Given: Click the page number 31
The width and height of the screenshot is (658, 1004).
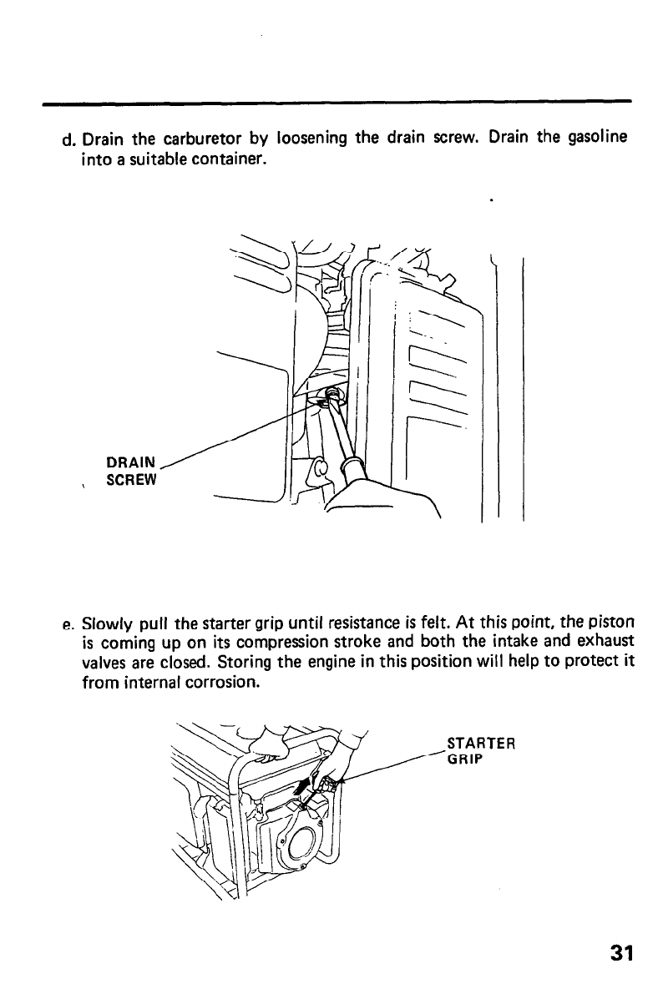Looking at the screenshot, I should click(620, 954).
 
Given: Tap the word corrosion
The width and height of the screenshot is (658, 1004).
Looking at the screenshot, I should click(227, 682).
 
